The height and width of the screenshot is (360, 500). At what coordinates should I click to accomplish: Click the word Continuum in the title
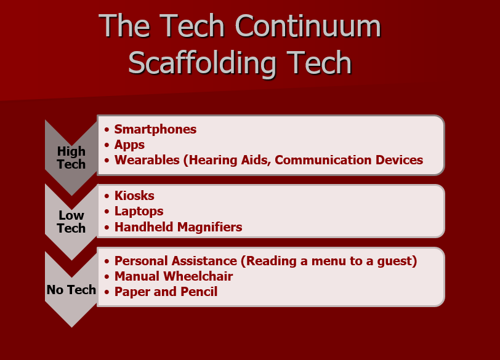[308, 26]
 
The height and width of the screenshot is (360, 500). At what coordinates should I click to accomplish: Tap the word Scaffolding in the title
[202, 64]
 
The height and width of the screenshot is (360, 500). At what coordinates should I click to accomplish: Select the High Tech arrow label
[71, 158]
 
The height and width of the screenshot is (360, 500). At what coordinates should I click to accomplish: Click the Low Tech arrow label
[71, 222]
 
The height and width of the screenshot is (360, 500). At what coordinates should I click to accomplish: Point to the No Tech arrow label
[71, 290]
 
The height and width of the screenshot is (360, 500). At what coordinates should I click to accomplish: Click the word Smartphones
[155, 129]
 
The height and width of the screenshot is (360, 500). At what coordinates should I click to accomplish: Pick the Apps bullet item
[129, 145]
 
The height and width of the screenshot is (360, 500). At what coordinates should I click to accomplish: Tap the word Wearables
[147, 160]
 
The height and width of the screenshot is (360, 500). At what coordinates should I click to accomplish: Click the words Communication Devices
[349, 160]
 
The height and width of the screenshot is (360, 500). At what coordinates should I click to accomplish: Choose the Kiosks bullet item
[134, 196]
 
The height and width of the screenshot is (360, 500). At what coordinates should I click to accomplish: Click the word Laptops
[139, 211]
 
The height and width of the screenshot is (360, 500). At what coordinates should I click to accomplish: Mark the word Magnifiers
[209, 227]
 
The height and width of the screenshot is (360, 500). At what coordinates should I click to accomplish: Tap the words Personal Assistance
[175, 261]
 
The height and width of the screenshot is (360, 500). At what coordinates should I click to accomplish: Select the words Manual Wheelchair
[174, 276]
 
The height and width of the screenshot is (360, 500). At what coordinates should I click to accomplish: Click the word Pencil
[199, 292]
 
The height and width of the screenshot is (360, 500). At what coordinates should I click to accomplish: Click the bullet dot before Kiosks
[107, 196]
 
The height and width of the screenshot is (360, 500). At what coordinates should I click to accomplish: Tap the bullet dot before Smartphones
[107, 130]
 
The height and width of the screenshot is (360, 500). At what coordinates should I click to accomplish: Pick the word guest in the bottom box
[395, 262]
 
